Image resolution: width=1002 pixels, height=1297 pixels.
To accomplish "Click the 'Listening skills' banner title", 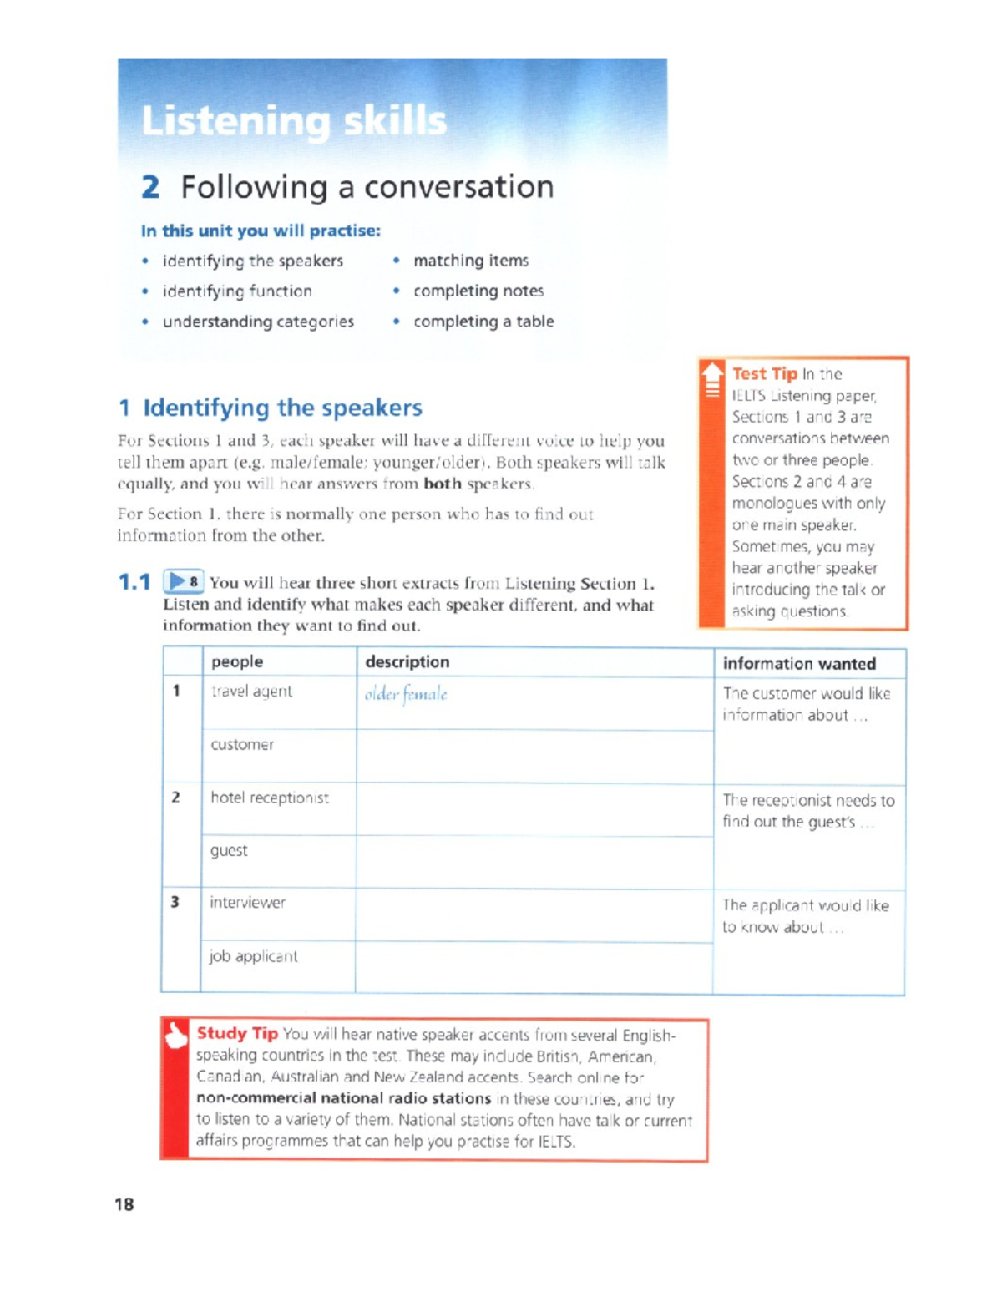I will pos(294,121).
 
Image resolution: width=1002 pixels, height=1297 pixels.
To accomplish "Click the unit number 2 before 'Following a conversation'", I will pos(150,187).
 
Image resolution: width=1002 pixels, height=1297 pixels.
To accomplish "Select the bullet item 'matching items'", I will pos(470,261).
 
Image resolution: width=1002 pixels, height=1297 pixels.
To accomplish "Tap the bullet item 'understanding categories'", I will pos(258,322).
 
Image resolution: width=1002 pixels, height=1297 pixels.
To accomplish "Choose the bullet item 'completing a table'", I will pos(483,322).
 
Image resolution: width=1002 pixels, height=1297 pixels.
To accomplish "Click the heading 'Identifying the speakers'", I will pos(282,408).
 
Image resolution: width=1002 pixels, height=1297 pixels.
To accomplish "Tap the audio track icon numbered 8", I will pos(183,581).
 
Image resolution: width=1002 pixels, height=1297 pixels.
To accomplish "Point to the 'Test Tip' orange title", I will pos(764,374).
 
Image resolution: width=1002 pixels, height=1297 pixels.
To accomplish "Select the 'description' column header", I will pos(407,661).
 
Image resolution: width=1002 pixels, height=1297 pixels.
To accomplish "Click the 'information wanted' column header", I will pos(799,664).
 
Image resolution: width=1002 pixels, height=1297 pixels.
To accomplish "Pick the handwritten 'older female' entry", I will pos(406,694).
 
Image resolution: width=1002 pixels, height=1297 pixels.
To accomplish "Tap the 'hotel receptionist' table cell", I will pos(270,798).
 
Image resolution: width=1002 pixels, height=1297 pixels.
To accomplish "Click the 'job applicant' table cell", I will pos(253,956).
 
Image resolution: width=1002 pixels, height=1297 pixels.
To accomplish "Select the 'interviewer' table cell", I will pos(247,903).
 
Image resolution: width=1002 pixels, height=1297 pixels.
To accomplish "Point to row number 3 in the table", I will pos(175,902).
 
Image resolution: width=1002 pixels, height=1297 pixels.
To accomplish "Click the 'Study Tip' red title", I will pos(237,1033).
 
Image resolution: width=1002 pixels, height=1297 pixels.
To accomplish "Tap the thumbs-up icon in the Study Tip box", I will pos(176,1036).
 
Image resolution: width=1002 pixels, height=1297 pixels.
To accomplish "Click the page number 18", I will pos(124,1204).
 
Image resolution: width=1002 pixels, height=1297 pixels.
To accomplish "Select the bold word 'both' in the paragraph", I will pos(442,484).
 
